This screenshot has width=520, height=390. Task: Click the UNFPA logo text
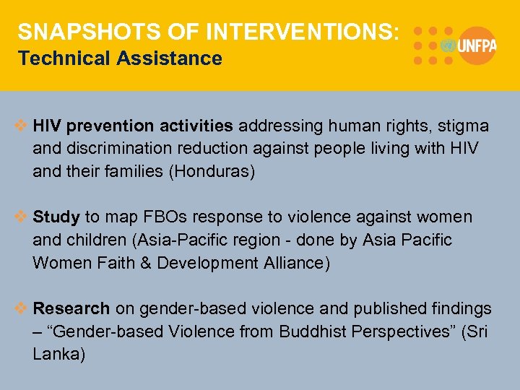[476, 45]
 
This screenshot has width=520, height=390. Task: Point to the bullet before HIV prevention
[22, 126]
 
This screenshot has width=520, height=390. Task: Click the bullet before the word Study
[22, 217]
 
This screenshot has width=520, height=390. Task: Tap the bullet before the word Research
[22, 308]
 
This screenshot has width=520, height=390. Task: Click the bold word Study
[57, 217]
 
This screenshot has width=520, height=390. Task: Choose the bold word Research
[71, 308]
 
